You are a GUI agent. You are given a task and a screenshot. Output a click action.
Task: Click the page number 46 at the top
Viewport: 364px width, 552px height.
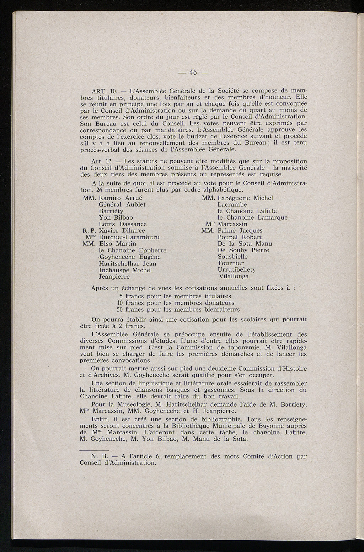(x=193, y=73)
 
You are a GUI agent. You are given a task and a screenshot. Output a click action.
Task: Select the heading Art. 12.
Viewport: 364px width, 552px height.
(x=102, y=162)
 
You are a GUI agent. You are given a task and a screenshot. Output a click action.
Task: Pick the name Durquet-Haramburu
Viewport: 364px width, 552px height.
(x=129, y=237)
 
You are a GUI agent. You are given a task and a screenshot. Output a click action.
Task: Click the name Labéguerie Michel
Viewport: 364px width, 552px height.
(x=245, y=198)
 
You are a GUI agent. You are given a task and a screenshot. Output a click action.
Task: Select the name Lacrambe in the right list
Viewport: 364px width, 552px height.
(x=232, y=205)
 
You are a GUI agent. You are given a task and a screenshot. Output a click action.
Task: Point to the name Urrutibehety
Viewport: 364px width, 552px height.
(x=237, y=270)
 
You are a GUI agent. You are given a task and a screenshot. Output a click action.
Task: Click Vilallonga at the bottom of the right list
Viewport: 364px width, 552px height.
(x=233, y=276)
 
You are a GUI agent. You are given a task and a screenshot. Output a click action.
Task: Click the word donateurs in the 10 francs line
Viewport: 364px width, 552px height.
(x=219, y=303)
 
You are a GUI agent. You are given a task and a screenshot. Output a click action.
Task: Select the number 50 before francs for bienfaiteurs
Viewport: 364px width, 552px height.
(x=120, y=310)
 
